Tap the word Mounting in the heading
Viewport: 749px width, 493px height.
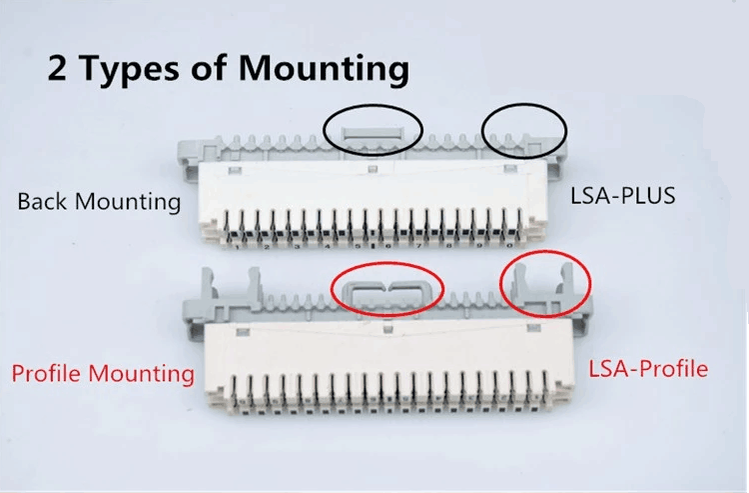(324, 69)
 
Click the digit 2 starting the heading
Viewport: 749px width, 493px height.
(57, 68)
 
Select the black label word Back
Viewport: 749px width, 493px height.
(42, 201)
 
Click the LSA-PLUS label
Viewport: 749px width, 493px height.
(623, 196)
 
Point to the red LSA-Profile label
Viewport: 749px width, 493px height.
(648, 369)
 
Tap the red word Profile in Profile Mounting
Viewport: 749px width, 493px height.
(47, 373)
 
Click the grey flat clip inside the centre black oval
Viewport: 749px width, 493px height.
(373, 132)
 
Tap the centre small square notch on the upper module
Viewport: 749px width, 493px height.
(373, 169)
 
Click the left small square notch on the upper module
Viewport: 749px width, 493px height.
(234, 170)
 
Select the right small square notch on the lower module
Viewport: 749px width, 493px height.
(533, 328)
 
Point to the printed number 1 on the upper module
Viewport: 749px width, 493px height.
(237, 247)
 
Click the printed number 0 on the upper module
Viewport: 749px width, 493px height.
(509, 245)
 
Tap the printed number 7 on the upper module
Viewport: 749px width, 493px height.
(418, 246)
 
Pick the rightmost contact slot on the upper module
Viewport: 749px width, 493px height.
(519, 223)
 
